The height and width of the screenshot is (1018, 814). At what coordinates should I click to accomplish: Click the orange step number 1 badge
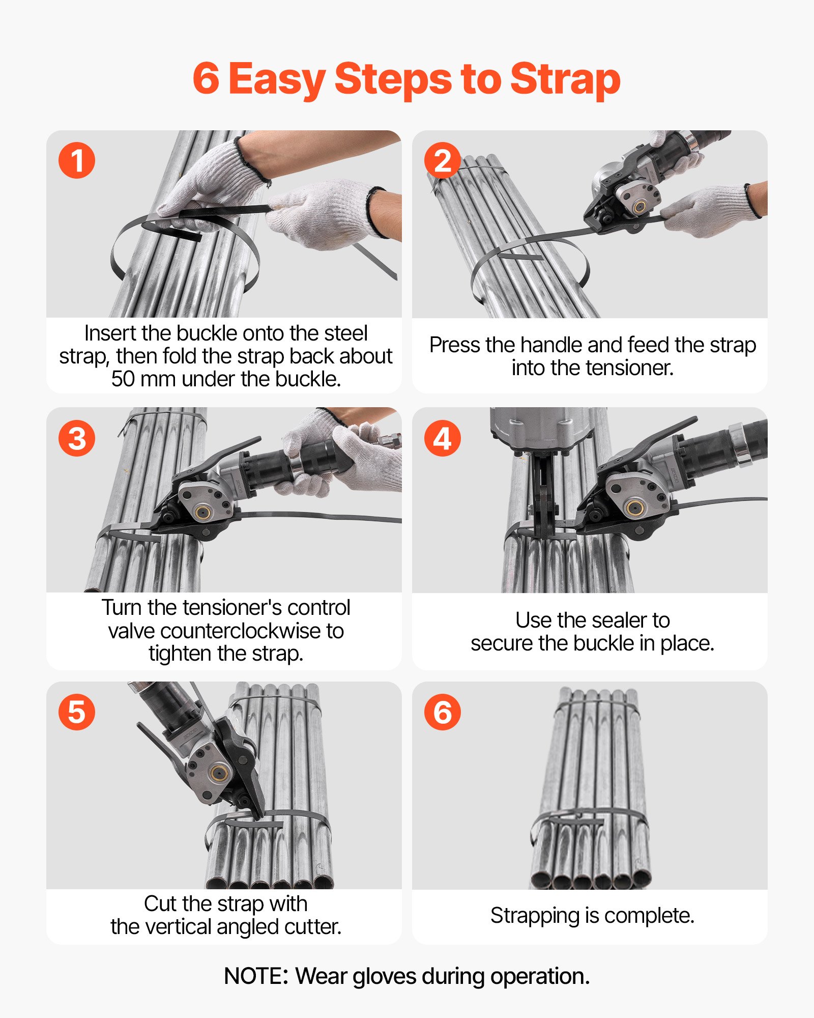pyautogui.click(x=77, y=160)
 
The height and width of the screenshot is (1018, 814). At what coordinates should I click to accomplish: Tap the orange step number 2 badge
pyautogui.click(x=443, y=160)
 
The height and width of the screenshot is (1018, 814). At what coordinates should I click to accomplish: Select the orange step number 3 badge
pyautogui.click(x=77, y=438)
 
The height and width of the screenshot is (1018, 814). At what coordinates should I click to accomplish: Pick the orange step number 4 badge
pyautogui.click(x=443, y=438)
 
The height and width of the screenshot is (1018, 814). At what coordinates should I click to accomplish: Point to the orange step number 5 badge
pyautogui.click(x=77, y=712)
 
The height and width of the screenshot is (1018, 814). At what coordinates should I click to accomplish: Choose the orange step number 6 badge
pyautogui.click(x=443, y=712)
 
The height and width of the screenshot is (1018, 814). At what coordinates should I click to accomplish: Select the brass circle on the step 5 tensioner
pyautogui.click(x=219, y=772)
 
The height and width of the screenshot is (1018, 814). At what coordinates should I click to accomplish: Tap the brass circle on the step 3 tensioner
pyautogui.click(x=203, y=512)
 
